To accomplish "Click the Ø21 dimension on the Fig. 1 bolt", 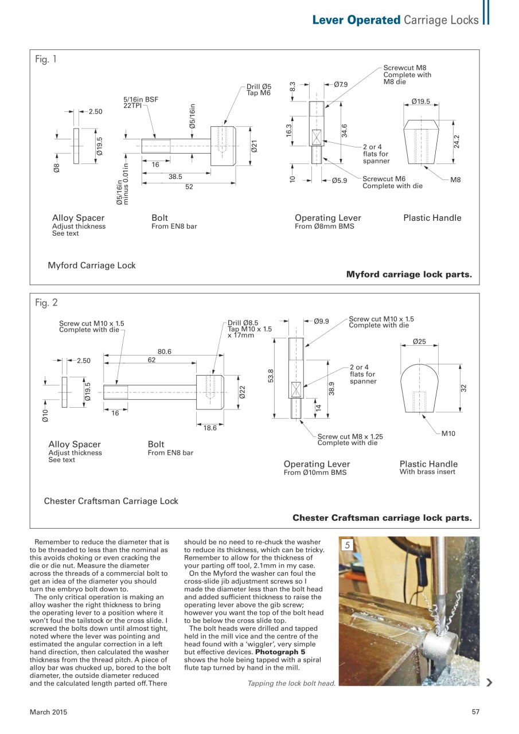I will tap(253, 146).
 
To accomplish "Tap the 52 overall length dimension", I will tap(189, 187).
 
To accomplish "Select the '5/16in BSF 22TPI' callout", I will tap(141, 103).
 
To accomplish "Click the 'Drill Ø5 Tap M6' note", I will tap(259, 89).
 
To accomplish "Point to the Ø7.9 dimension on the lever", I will tap(341, 84).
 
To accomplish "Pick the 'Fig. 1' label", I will tap(46, 59).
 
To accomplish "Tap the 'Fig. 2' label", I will tap(46, 303).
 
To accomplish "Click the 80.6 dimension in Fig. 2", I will tap(165, 352).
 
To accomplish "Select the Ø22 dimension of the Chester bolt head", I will tap(242, 392).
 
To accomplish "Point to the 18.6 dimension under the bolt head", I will tap(210, 428).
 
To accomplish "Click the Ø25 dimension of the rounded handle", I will tap(419, 341).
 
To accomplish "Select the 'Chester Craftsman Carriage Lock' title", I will tap(111, 501).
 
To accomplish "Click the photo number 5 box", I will tap(347, 545).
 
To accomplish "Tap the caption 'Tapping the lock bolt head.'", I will tap(291, 683).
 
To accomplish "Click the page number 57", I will tap(475, 712).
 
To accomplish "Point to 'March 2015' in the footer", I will tap(48, 712).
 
